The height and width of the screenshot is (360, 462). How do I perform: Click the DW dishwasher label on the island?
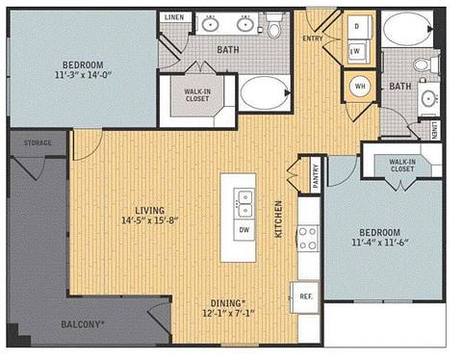[244, 231]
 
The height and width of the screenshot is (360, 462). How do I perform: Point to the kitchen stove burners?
[308, 238]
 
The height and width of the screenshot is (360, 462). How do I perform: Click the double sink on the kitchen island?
[244, 203]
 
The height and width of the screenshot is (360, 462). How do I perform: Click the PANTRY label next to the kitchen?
[315, 176]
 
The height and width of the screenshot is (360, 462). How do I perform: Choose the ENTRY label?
[313, 39]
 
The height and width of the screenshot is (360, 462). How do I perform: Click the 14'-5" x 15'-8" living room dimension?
[150, 219]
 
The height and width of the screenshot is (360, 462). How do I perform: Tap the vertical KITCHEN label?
[279, 219]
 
